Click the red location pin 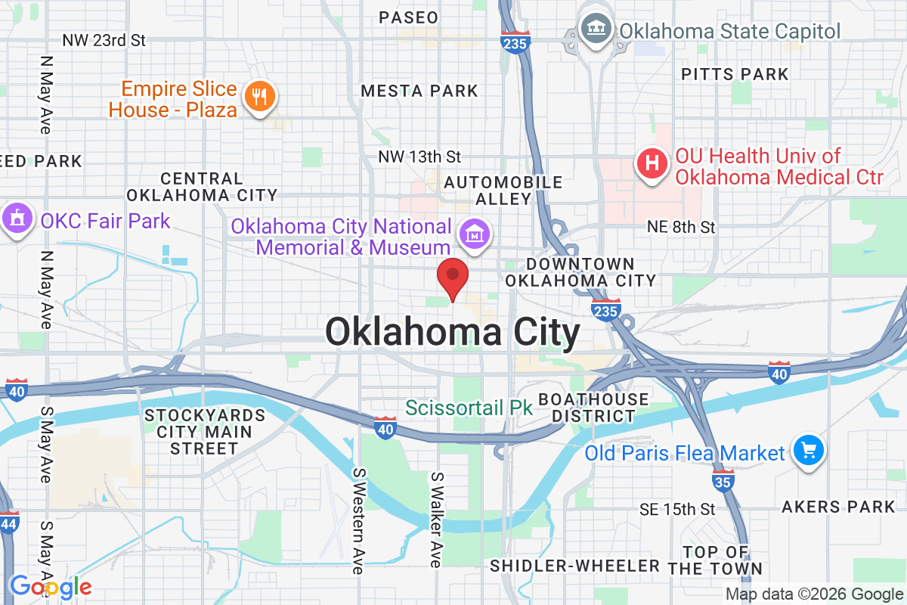[x=453, y=276]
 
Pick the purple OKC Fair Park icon [x=17, y=220]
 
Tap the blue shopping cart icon [x=809, y=452]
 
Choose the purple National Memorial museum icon [x=474, y=235]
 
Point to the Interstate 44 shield [x=9, y=523]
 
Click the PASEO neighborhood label [x=408, y=17]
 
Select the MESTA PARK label [x=419, y=92]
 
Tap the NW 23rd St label [x=104, y=39]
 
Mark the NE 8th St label [x=681, y=227]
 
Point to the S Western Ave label [x=358, y=520]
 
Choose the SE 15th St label [x=676, y=508]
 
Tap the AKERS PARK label [x=839, y=507]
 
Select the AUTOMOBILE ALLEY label [x=503, y=191]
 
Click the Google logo [x=50, y=587]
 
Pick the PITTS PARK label [x=735, y=74]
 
